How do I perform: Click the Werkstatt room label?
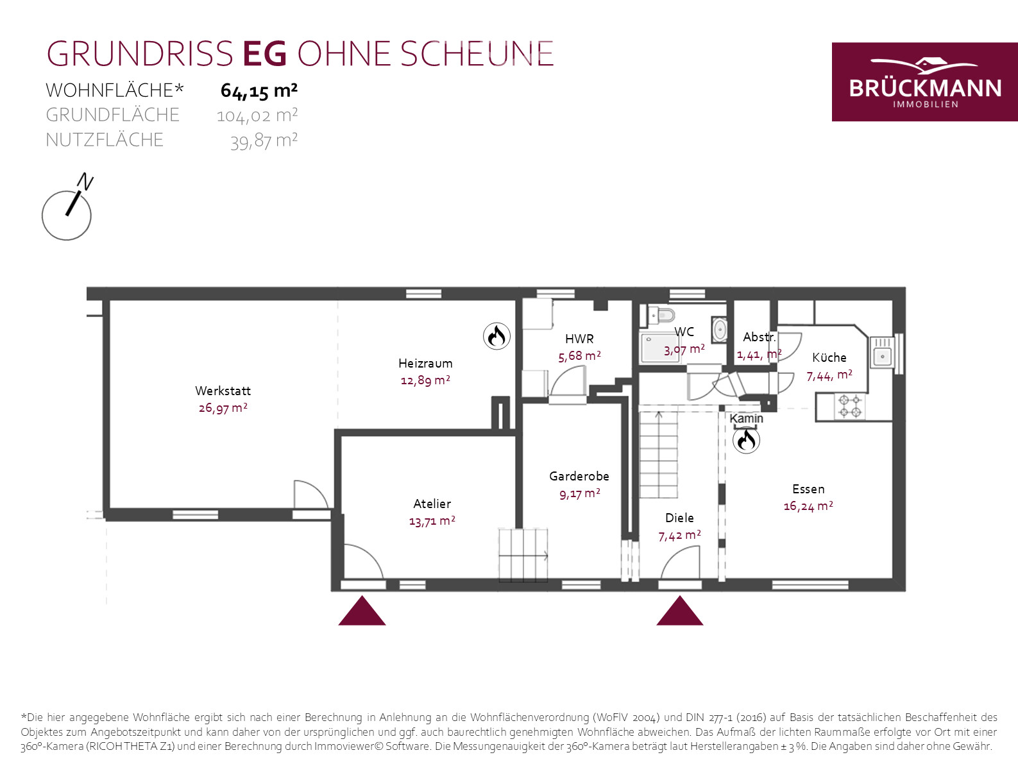point(223,391)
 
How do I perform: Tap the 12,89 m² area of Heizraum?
point(425,380)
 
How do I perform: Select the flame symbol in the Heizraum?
point(496,336)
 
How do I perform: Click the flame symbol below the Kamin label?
point(746,440)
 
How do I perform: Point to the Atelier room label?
point(432,504)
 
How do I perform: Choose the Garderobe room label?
point(579,476)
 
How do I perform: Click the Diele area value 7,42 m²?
point(679,536)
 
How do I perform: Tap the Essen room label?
point(808,489)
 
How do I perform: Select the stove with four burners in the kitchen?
point(850,406)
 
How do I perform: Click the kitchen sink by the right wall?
point(882,352)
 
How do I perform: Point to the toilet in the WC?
point(661,315)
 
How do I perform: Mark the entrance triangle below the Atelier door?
point(362,611)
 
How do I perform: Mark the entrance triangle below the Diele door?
point(679,611)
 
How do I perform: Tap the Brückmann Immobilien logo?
point(925,82)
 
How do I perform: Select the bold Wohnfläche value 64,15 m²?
point(259,91)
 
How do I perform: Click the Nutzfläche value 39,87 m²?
point(264,140)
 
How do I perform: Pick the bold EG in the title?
point(265,54)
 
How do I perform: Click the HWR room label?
point(579,339)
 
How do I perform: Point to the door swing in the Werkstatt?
point(311,494)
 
